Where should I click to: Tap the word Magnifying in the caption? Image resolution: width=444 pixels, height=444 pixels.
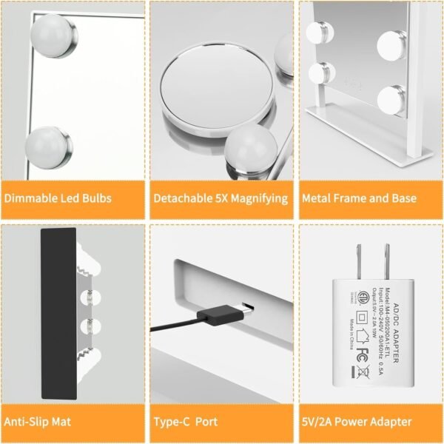pyautogui.click(x=261, y=198)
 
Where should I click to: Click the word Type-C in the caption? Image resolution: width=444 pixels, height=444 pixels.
pyautogui.click(x=175, y=422)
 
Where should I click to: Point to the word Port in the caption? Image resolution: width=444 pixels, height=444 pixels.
pyautogui.click(x=206, y=422)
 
